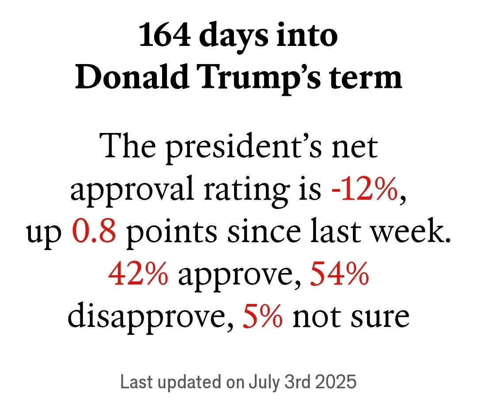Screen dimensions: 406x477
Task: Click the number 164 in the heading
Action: pos(164,36)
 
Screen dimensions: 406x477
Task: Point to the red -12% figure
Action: pos(365,190)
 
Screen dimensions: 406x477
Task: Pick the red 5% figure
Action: pos(262,316)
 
